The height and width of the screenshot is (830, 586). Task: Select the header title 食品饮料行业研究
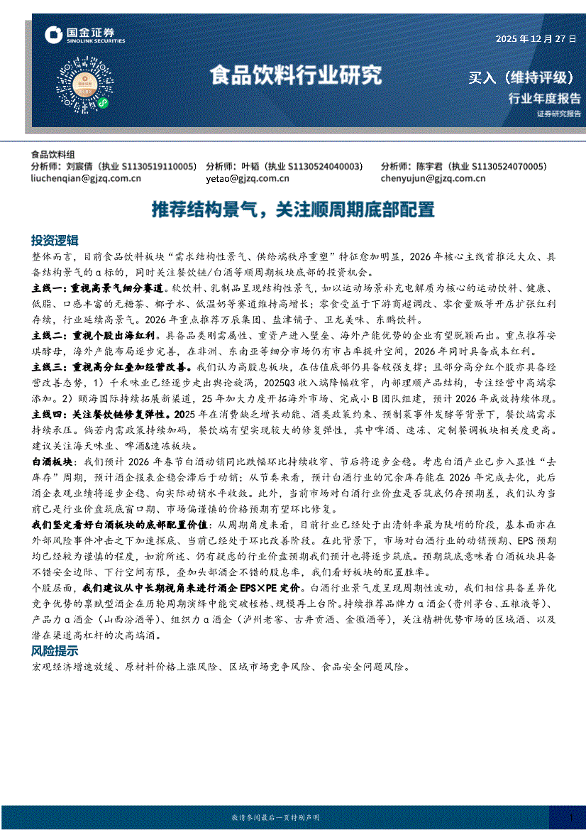tap(295, 75)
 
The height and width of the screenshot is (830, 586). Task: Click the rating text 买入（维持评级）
tap(521, 77)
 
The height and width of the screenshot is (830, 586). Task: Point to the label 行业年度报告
tap(544, 98)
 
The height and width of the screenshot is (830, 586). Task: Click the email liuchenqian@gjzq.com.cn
tap(87, 179)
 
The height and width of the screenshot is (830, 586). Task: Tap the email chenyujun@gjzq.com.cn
tap(433, 179)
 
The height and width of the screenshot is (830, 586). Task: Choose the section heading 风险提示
tap(55, 651)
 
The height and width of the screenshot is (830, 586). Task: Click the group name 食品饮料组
tap(53, 154)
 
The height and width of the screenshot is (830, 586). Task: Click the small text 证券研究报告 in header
tap(558, 114)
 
